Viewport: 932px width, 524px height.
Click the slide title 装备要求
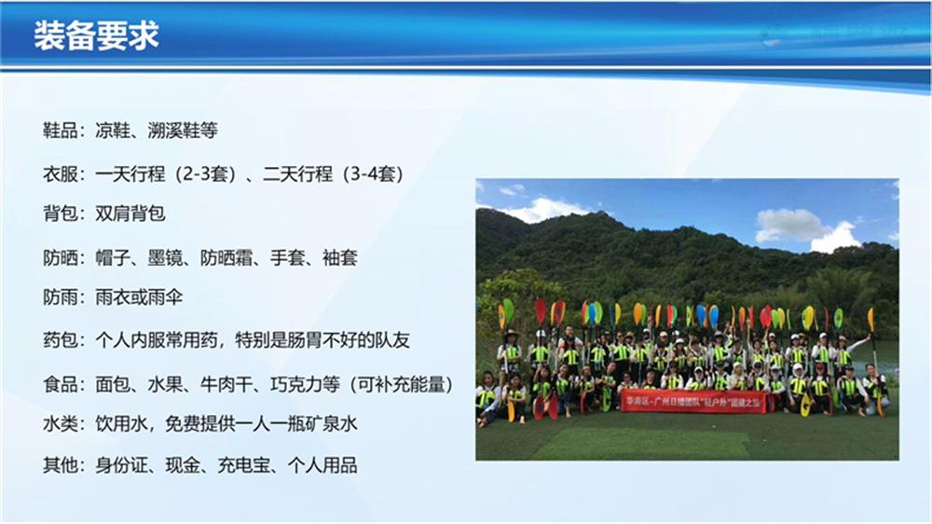coord(96,35)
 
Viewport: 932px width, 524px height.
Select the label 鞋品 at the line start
coord(62,131)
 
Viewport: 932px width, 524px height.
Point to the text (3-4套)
coord(374,174)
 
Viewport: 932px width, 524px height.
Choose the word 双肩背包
coord(130,214)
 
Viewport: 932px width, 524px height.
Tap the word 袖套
coord(339,257)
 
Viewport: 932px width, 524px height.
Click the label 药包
coord(62,341)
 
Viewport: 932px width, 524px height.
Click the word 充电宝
coord(246,465)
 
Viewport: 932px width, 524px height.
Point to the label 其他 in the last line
coord(62,465)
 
